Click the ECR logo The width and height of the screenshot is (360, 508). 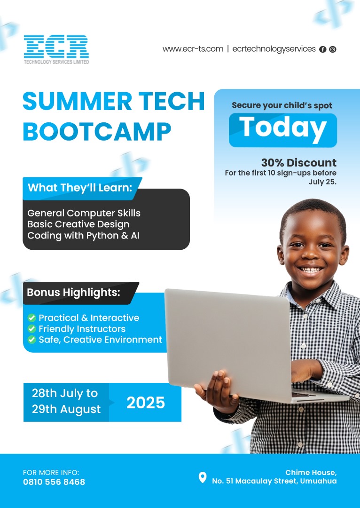[x=56, y=49]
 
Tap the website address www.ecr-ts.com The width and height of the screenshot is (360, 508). [x=193, y=49]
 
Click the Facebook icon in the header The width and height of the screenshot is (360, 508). [x=322, y=49]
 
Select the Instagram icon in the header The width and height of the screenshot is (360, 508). [x=332, y=49]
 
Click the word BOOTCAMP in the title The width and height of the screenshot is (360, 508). [x=97, y=132]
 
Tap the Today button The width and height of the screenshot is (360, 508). [x=282, y=130]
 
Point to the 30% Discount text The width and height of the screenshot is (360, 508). [x=299, y=162]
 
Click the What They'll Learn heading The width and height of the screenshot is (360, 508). [x=80, y=188]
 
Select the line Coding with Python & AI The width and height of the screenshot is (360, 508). [x=84, y=236]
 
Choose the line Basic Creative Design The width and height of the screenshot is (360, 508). [x=78, y=224]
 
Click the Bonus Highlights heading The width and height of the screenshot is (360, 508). [x=73, y=292]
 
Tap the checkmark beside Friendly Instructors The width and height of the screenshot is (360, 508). [x=32, y=329]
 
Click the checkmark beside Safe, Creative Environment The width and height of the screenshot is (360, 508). [x=32, y=340]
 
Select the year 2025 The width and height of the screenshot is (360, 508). [x=146, y=403]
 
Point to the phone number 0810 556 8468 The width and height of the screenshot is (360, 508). [x=54, y=482]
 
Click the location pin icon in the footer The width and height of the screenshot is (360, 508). [x=203, y=477]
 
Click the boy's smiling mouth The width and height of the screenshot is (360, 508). [x=311, y=269]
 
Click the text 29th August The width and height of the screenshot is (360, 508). [x=66, y=409]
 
